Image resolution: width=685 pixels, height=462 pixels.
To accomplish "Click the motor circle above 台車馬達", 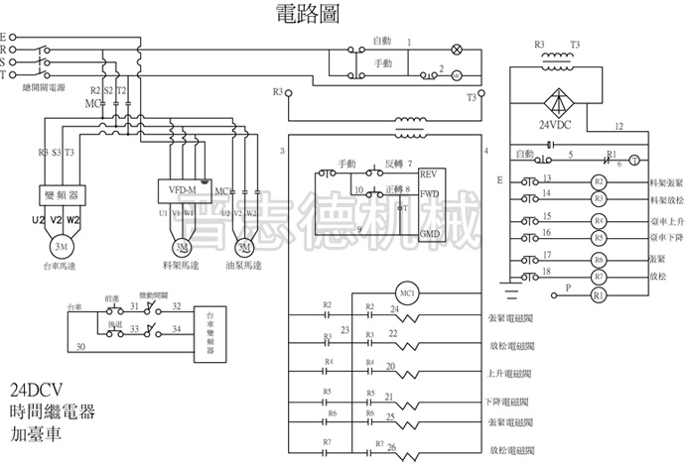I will pyautogui.click(x=62, y=245).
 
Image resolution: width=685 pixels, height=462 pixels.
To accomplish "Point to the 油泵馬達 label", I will pyautogui.click(x=242, y=266).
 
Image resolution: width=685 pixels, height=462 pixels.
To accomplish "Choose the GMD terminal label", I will pyautogui.click(x=430, y=233).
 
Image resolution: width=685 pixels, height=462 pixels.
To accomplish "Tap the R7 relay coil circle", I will pyautogui.click(x=598, y=278).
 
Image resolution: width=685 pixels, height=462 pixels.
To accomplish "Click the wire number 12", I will pyautogui.click(x=618, y=126).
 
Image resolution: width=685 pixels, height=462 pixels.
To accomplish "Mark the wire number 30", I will pyautogui.click(x=79, y=345).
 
